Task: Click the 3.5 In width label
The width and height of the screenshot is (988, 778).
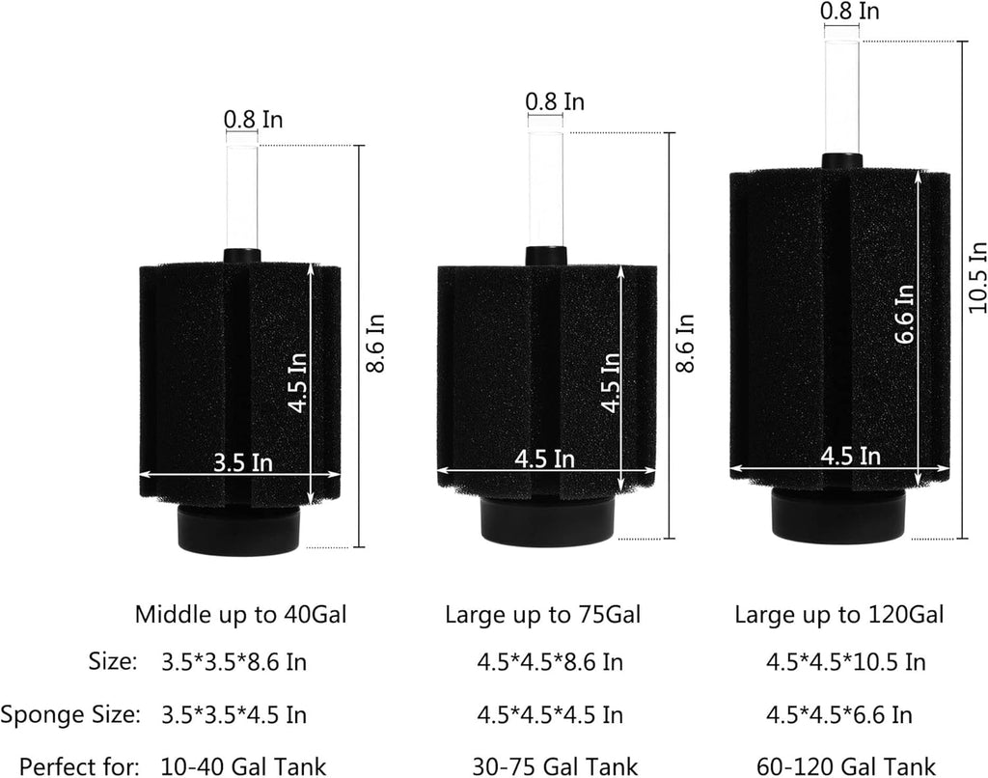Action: pos(243,462)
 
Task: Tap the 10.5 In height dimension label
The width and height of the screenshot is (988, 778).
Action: pos(976,277)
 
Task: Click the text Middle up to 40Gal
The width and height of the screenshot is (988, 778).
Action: pos(240,614)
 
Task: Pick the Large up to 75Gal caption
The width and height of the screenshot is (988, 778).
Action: pos(542,614)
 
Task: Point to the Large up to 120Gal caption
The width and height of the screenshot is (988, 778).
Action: pos(838,614)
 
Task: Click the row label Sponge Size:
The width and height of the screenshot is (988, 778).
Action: pos(69,714)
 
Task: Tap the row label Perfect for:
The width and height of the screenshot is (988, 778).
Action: pos(79,766)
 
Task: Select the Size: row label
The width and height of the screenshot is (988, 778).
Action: pos(113,662)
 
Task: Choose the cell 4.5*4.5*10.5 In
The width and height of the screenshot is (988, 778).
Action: pos(845,662)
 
